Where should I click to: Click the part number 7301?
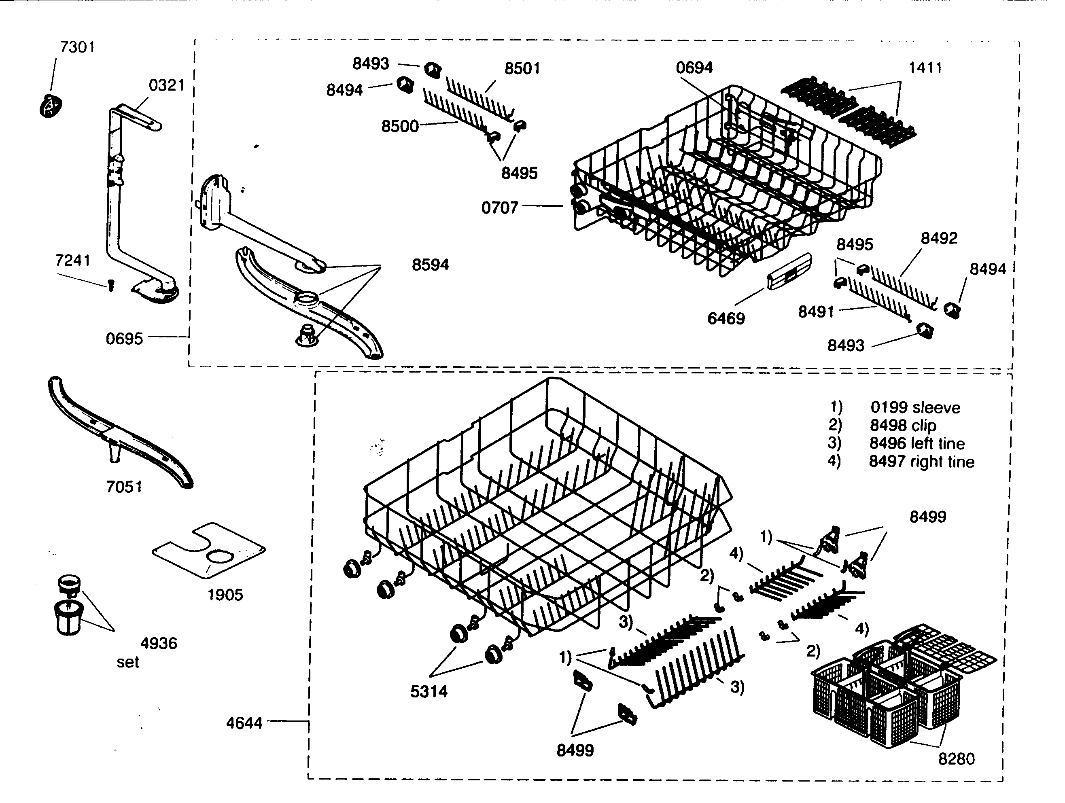click(77, 47)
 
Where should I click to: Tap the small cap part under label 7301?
click(51, 106)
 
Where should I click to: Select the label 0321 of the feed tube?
click(167, 85)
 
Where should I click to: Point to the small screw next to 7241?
click(111, 286)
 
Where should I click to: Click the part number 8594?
click(430, 265)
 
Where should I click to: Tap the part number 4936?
click(158, 643)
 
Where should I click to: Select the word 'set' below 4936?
click(127, 663)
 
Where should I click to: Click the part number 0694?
click(694, 68)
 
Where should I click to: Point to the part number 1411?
click(925, 68)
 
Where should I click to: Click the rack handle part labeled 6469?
click(789, 272)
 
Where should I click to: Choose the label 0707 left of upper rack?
click(499, 208)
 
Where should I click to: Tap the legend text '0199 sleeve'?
click(915, 408)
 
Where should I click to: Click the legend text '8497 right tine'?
click(921, 462)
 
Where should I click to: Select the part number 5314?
click(429, 691)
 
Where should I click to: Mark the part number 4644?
click(244, 723)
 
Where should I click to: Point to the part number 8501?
click(522, 69)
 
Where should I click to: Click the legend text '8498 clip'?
click(903, 426)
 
